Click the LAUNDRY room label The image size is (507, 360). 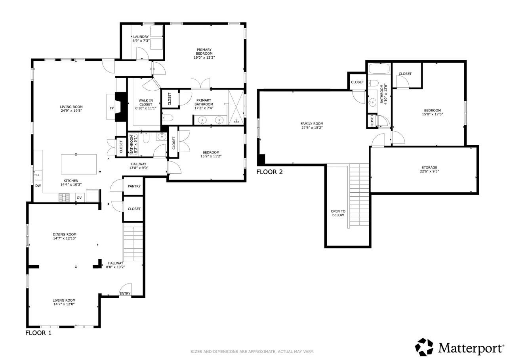pyautogui.click(x=141, y=37)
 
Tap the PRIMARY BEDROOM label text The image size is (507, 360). pyautogui.click(x=204, y=52)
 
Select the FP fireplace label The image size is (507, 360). pyautogui.click(x=111, y=108)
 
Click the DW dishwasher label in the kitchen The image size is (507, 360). pyautogui.click(x=38, y=186)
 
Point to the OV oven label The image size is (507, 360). pyautogui.click(x=79, y=197)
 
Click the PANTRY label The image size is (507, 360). pyautogui.click(x=134, y=186)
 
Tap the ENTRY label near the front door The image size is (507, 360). pyautogui.click(x=125, y=293)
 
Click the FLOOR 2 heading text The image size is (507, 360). pyautogui.click(x=270, y=172)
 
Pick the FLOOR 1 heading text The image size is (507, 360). pyautogui.click(x=38, y=333)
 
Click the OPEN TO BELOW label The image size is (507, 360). pyautogui.click(x=338, y=213)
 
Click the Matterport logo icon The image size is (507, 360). pyautogui.click(x=424, y=347)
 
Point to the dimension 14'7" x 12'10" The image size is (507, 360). pyautogui.click(x=65, y=239)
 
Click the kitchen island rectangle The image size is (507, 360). pyautogui.click(x=78, y=164)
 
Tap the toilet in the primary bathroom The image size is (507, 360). pyautogui.click(x=167, y=117)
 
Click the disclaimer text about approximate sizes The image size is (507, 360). pyautogui.click(x=252, y=351)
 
